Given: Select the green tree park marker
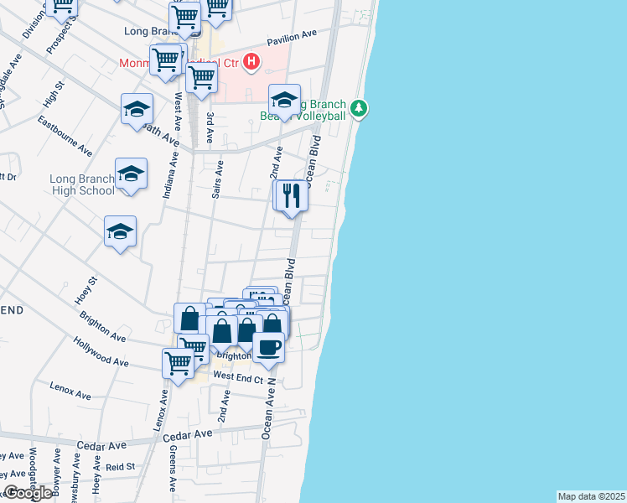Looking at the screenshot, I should tap(360, 108).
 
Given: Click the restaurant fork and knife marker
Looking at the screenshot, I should tap(291, 196).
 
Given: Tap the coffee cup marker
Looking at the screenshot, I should tap(268, 346).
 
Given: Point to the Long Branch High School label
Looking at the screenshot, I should tap(82, 184).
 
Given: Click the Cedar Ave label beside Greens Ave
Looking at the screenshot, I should tap(188, 435).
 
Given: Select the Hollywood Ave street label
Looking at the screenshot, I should tap(101, 353).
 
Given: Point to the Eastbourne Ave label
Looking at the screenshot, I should tap(65, 137).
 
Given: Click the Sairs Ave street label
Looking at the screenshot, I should tap(217, 179).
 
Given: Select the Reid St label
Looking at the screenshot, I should tap(120, 466).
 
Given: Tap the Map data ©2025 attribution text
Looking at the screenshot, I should tap(591, 496).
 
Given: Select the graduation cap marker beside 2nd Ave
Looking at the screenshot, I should tap(284, 100).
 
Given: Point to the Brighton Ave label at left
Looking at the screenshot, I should tap(102, 327).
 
